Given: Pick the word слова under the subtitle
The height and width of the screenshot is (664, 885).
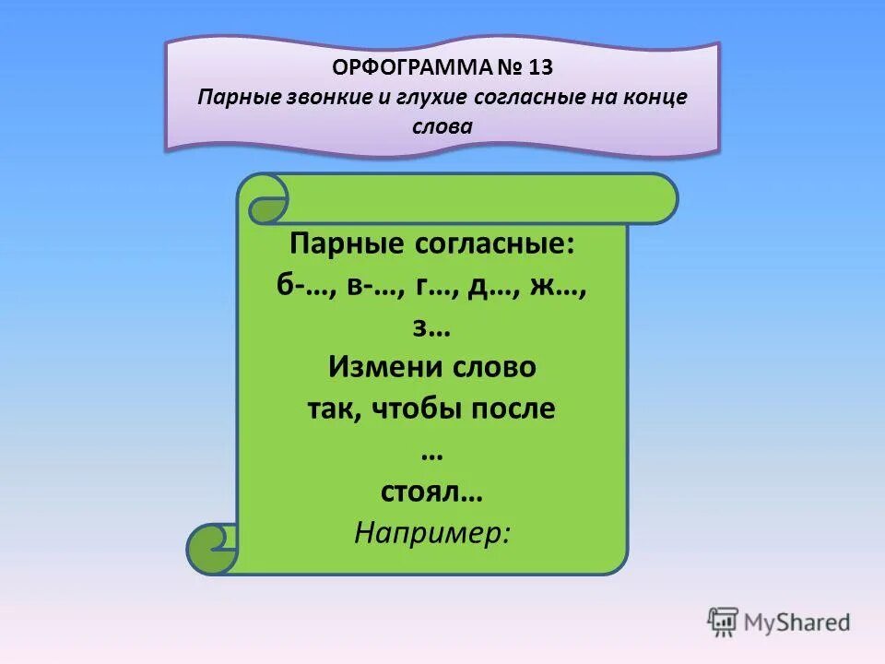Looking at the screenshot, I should (x=442, y=127).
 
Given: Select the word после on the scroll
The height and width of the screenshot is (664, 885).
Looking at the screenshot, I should (x=513, y=408).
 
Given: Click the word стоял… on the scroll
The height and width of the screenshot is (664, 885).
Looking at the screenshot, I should (x=432, y=492).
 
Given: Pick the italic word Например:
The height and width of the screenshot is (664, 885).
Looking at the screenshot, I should (x=432, y=533).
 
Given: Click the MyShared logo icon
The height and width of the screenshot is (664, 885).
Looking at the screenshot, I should (x=724, y=622).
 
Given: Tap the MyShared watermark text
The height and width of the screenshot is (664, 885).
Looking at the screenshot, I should (x=796, y=622).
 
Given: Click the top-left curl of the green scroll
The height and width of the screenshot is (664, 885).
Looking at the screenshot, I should (x=268, y=202).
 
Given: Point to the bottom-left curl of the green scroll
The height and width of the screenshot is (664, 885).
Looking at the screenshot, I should (x=213, y=549).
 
